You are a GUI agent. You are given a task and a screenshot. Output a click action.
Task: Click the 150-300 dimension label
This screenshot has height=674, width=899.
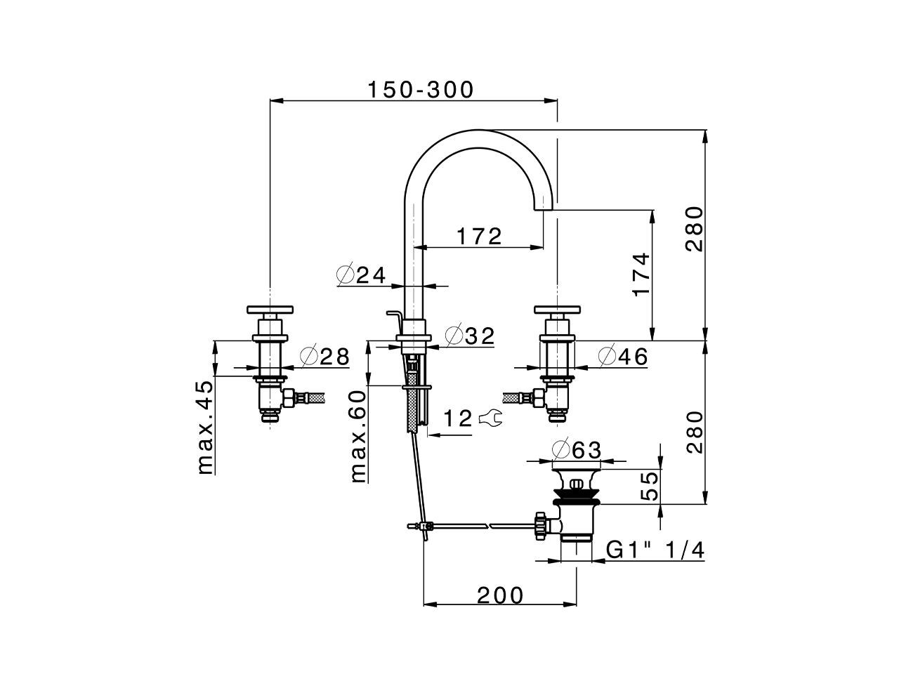tap(421, 90)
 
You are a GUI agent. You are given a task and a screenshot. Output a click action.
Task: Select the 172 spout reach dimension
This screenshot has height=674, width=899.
tap(480, 237)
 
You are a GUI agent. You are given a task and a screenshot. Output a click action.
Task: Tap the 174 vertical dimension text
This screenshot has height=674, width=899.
tap(641, 274)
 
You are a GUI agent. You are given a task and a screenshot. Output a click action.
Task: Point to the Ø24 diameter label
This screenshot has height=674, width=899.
tap(362, 275)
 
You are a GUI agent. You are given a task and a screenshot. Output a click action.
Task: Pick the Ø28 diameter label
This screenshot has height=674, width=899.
tap(324, 357)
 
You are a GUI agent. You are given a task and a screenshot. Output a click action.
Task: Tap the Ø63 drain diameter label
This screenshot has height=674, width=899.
tap(577, 449)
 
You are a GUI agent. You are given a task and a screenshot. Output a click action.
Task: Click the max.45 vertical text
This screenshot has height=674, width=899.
tap(204, 428)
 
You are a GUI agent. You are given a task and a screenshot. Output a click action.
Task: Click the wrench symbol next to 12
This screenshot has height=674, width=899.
tap(490, 419)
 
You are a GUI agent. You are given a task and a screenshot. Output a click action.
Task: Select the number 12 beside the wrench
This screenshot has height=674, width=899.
tap(458, 419)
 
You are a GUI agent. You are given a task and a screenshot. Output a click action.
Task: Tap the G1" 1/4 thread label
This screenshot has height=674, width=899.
tap(655, 551)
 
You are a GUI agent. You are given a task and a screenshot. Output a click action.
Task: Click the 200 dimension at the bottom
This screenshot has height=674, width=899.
tap(500, 595)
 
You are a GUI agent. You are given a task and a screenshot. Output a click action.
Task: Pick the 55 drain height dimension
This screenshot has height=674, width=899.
tap(650, 486)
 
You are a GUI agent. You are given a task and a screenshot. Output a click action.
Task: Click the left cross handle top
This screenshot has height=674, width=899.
tap(270, 309)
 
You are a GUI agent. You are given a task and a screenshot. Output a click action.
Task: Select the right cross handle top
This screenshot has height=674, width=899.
tap(557, 309)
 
